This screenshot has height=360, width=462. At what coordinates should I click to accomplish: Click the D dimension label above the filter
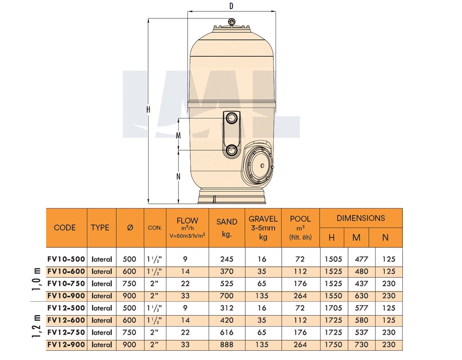(231, 6)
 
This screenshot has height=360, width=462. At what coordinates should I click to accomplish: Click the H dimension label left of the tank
(148, 110)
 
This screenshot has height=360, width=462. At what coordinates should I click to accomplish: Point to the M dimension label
(178, 135)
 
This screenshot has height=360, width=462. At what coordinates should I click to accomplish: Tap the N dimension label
(178, 176)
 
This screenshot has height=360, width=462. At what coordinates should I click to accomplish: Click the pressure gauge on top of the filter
(232, 22)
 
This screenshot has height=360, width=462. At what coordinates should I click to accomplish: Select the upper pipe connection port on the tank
(231, 118)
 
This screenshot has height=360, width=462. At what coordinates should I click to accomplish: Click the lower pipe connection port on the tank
(231, 151)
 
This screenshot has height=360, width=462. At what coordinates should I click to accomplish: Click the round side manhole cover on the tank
(261, 166)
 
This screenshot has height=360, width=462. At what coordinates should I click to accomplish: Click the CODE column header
(65, 228)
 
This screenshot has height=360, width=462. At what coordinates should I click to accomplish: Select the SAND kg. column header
(227, 228)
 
